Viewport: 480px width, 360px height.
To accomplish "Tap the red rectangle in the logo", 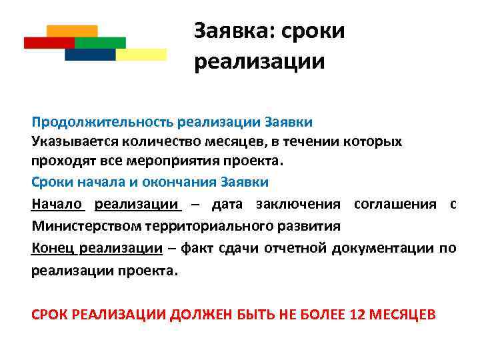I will [x=48, y=43].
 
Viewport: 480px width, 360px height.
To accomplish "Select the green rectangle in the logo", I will [x=100, y=43].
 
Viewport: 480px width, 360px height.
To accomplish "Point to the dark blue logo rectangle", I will [x=89, y=55].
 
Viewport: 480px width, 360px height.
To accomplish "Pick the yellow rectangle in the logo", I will [x=141, y=55].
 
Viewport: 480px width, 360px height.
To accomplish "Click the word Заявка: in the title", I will [x=233, y=31].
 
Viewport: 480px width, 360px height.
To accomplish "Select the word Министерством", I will [x=83, y=225].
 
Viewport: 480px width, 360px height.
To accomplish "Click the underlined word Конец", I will [x=54, y=249].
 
